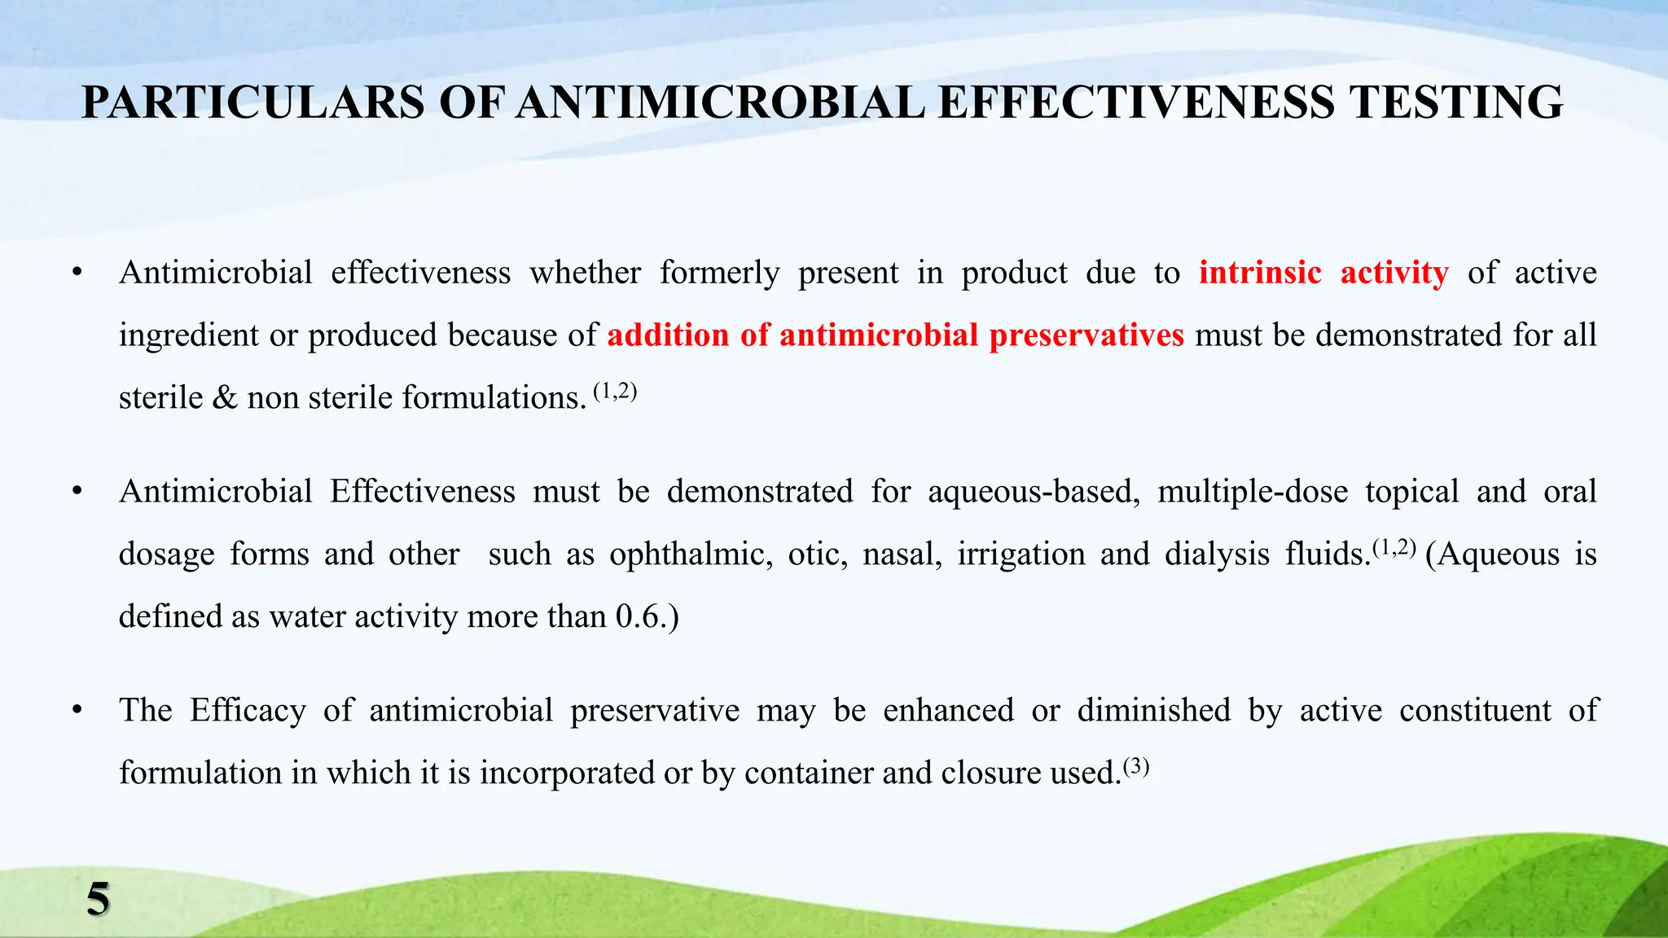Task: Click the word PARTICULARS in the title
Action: [x=253, y=103]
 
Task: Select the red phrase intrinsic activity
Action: [x=1323, y=273]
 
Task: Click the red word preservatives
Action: [x=1086, y=335]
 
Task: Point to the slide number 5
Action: [x=98, y=900]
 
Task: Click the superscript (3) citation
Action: [x=1136, y=767]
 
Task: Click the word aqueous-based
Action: [x=1034, y=492]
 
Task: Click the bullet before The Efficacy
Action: [x=77, y=711]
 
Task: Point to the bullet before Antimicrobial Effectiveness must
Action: [x=77, y=492]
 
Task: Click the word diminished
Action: [x=1154, y=711]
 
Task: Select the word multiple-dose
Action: [x=1253, y=492]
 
